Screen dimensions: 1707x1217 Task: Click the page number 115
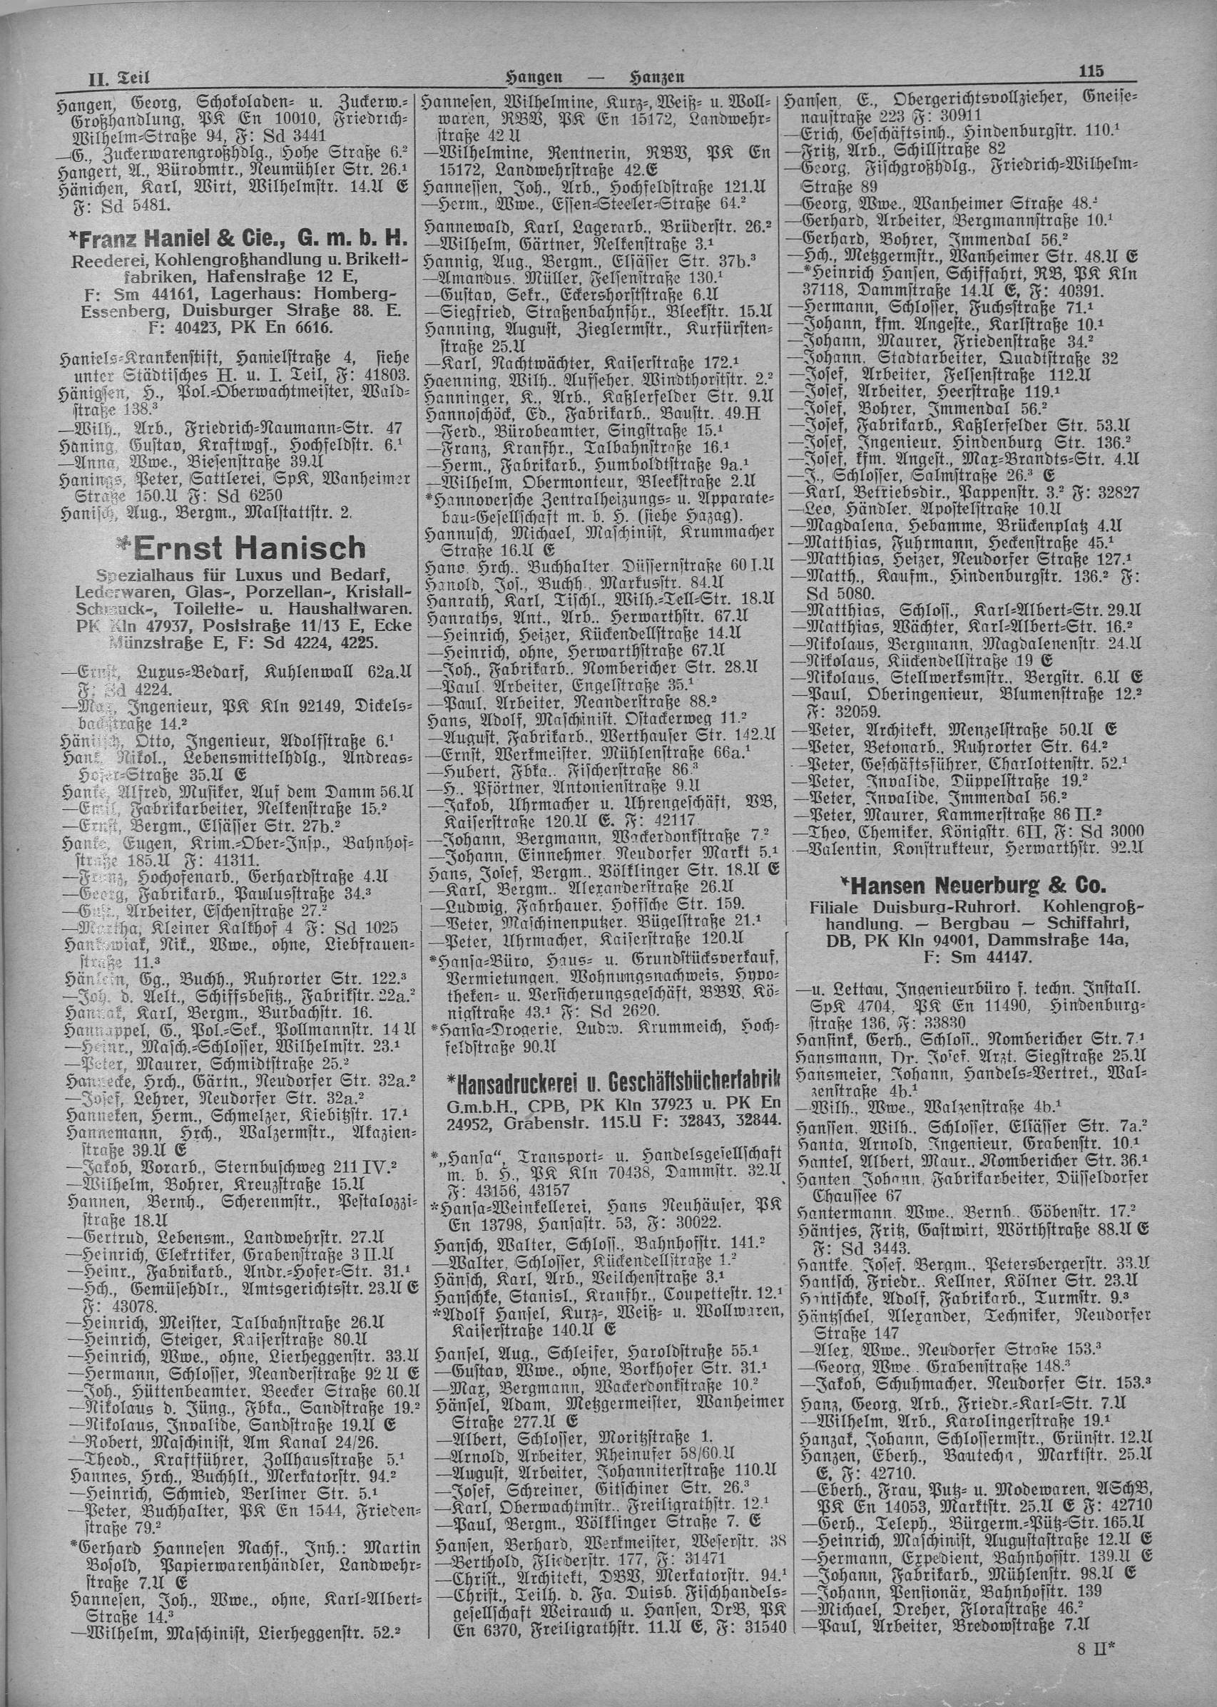point(1091,72)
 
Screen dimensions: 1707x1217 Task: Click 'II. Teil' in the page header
point(118,77)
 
